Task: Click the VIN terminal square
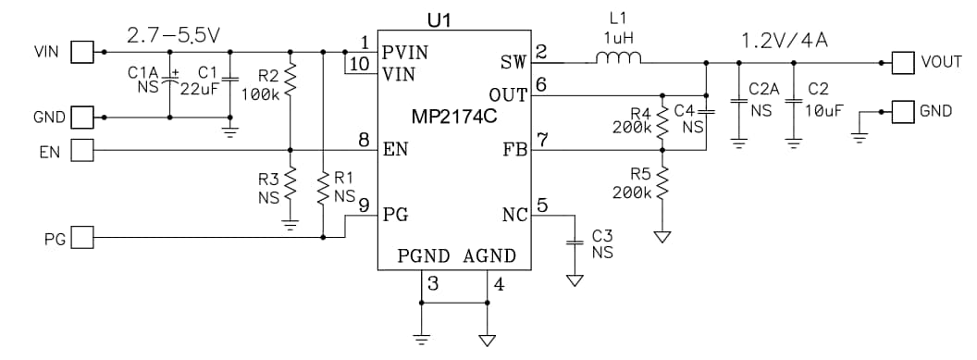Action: tap(82, 52)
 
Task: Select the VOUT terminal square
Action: tap(902, 63)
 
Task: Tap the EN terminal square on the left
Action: tap(82, 149)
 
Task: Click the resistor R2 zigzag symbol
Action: tap(291, 80)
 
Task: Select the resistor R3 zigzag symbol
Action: tap(291, 183)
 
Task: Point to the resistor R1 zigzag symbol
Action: tap(323, 189)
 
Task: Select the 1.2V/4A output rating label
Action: tap(785, 41)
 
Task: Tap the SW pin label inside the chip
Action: tap(513, 62)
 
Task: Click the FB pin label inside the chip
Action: tap(514, 148)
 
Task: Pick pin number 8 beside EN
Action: tap(365, 141)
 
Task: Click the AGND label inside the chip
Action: tap(489, 255)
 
